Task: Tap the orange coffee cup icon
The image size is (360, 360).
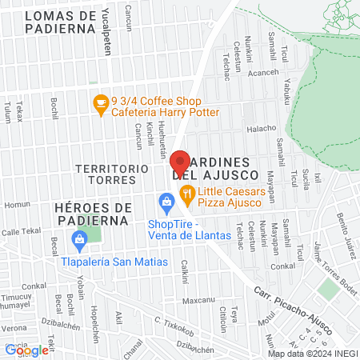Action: pyautogui.click(x=100, y=102)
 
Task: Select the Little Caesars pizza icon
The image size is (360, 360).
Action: pyautogui.click(x=186, y=192)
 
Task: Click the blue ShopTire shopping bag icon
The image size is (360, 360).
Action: pyautogui.click(x=166, y=200)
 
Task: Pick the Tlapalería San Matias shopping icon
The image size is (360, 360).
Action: pyautogui.click(x=79, y=238)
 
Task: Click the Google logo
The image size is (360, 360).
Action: pyautogui.click(x=26, y=350)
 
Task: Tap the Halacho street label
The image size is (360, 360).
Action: pyautogui.click(x=261, y=128)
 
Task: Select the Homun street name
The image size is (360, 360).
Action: pyautogui.click(x=17, y=205)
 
